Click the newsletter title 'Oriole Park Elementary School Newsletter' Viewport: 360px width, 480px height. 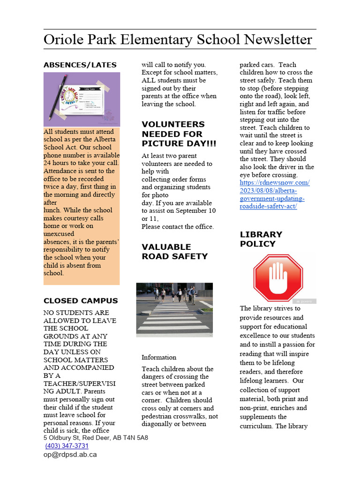(x=178, y=39)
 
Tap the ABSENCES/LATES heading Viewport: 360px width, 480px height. (x=80, y=65)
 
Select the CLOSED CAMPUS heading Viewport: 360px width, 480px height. (x=81, y=301)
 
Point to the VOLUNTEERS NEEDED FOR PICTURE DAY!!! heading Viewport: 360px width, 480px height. (x=173, y=134)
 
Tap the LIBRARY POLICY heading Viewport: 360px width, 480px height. (x=261, y=239)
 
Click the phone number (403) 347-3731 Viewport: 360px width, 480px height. (x=67, y=446)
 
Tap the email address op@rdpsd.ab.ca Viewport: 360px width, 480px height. (x=70, y=454)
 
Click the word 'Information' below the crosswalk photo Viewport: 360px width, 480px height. (x=159, y=357)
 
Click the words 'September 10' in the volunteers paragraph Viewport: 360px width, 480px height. (x=197, y=211)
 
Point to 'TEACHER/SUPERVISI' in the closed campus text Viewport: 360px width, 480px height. (x=80, y=383)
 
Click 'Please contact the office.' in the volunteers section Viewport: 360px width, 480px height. (x=178, y=227)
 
